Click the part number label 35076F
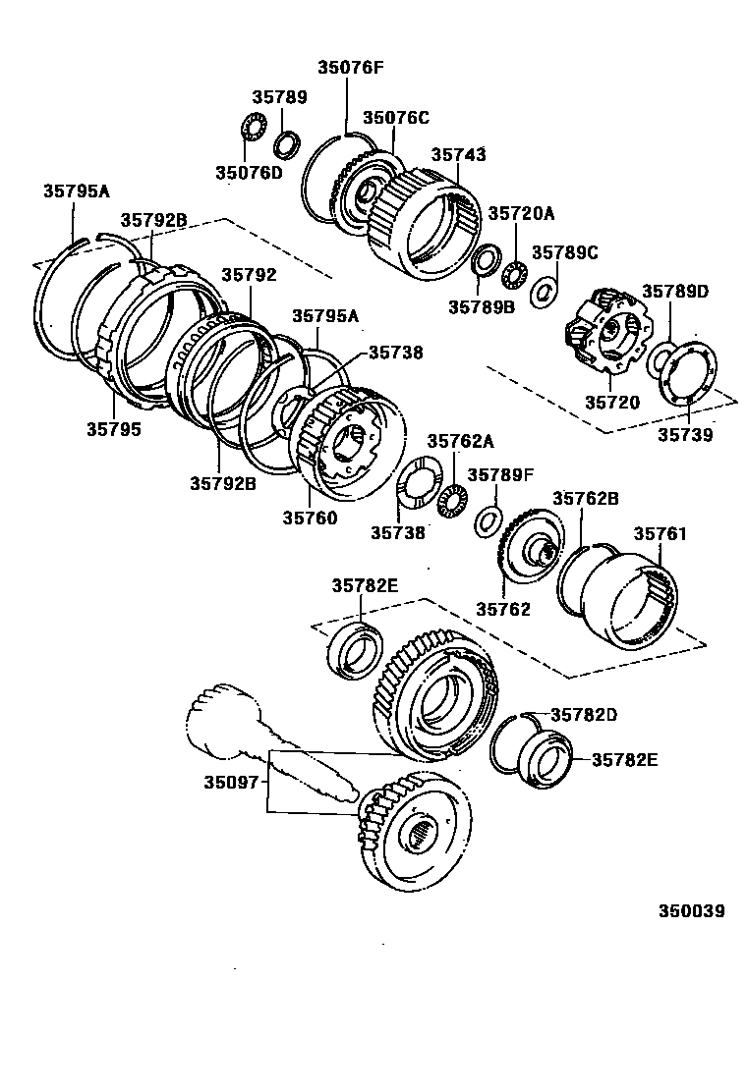point(350,68)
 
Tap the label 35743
point(458,155)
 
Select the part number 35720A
point(521,213)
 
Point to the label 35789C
point(564,252)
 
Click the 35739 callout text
point(685,434)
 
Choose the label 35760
point(310,518)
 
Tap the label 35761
point(660,534)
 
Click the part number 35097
point(231,782)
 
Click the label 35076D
point(248,173)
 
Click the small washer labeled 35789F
point(487,519)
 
